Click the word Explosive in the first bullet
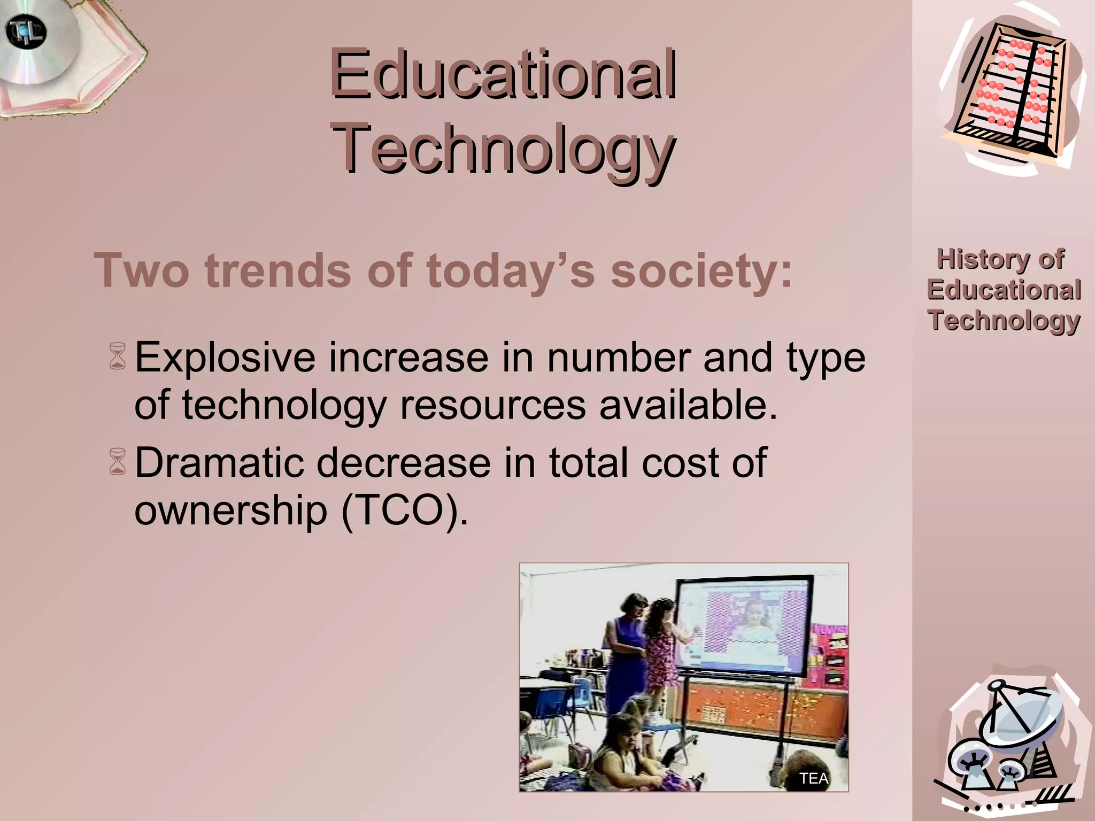(x=225, y=358)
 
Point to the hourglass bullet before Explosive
(x=118, y=357)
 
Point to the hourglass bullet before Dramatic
(x=118, y=462)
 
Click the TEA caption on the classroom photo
(x=813, y=778)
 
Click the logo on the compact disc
(x=26, y=32)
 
